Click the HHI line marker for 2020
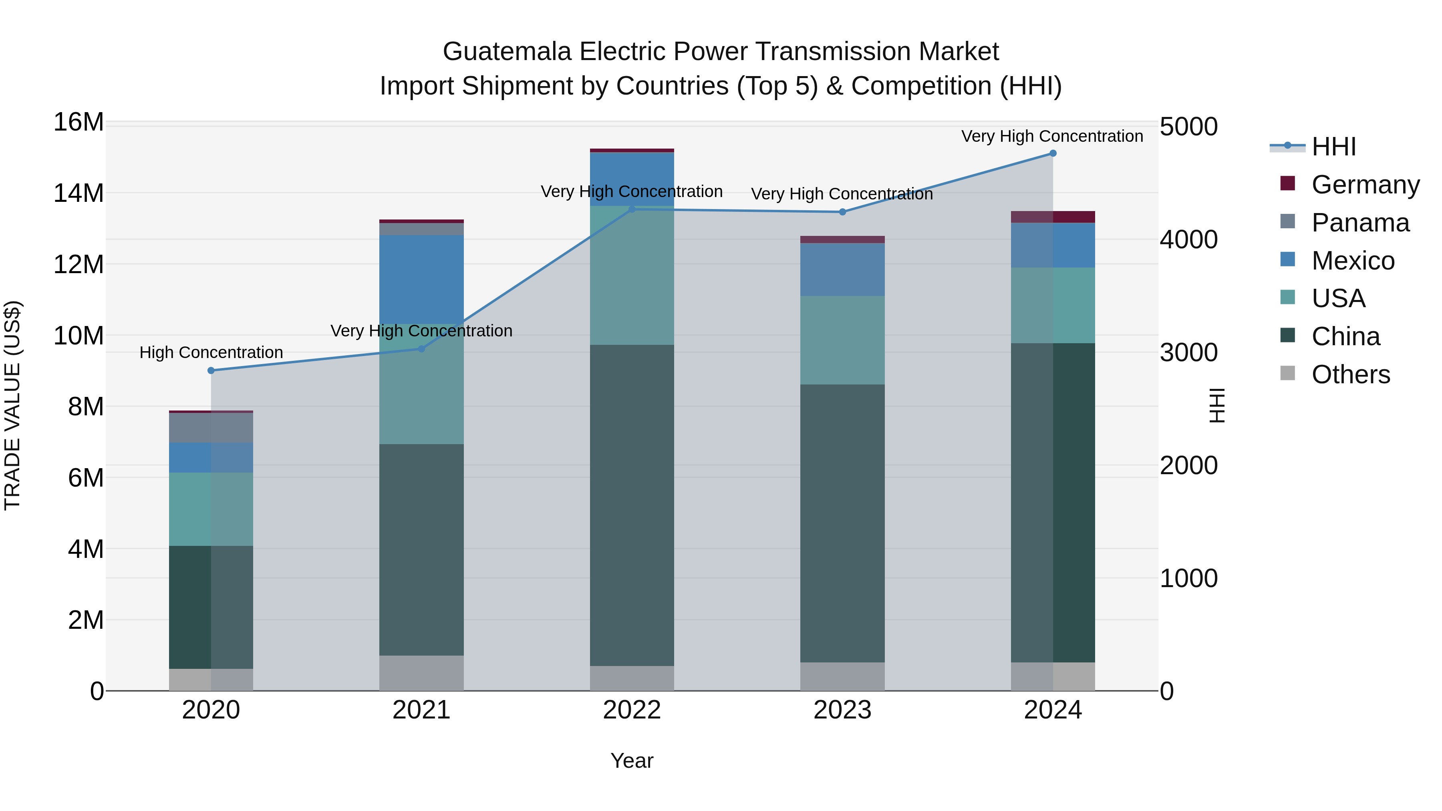[x=211, y=370]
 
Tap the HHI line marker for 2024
[x=1053, y=153]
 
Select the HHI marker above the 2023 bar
[x=842, y=212]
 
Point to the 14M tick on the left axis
[x=79, y=193]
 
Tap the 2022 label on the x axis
[x=632, y=710]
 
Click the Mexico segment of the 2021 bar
[x=421, y=280]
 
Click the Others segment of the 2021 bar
[x=421, y=673]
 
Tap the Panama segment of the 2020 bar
[x=211, y=428]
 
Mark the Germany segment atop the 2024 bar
[x=1053, y=217]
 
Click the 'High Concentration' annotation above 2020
[x=211, y=352]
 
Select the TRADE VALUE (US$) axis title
[x=12, y=405]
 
